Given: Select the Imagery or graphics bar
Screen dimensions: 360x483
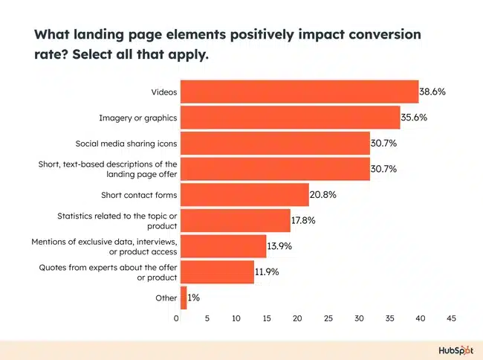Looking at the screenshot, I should point(290,118).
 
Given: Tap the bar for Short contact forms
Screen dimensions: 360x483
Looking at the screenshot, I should point(244,195).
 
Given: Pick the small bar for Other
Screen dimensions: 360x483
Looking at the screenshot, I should point(184,298).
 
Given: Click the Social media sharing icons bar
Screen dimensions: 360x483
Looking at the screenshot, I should point(275,144).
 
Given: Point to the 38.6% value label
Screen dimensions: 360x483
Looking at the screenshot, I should point(432,92).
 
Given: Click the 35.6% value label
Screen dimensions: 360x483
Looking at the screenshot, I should point(415,118).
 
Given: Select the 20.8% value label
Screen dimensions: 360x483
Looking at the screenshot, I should point(323,195).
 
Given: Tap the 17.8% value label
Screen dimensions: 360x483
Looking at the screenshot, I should point(305,220).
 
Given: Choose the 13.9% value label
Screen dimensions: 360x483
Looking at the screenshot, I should point(281,246).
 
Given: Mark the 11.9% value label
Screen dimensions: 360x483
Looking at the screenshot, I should point(267,271).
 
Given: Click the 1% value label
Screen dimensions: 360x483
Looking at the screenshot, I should point(193,298).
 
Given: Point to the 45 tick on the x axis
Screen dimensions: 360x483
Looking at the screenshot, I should point(451,318).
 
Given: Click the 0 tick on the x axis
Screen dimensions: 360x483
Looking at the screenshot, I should point(177,318).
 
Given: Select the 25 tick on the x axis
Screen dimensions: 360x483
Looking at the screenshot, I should point(328,318).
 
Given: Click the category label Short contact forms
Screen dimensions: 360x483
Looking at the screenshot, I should point(139,195).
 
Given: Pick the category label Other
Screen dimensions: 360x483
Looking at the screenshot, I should point(166,298).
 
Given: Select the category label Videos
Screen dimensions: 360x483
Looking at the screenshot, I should point(163,92).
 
